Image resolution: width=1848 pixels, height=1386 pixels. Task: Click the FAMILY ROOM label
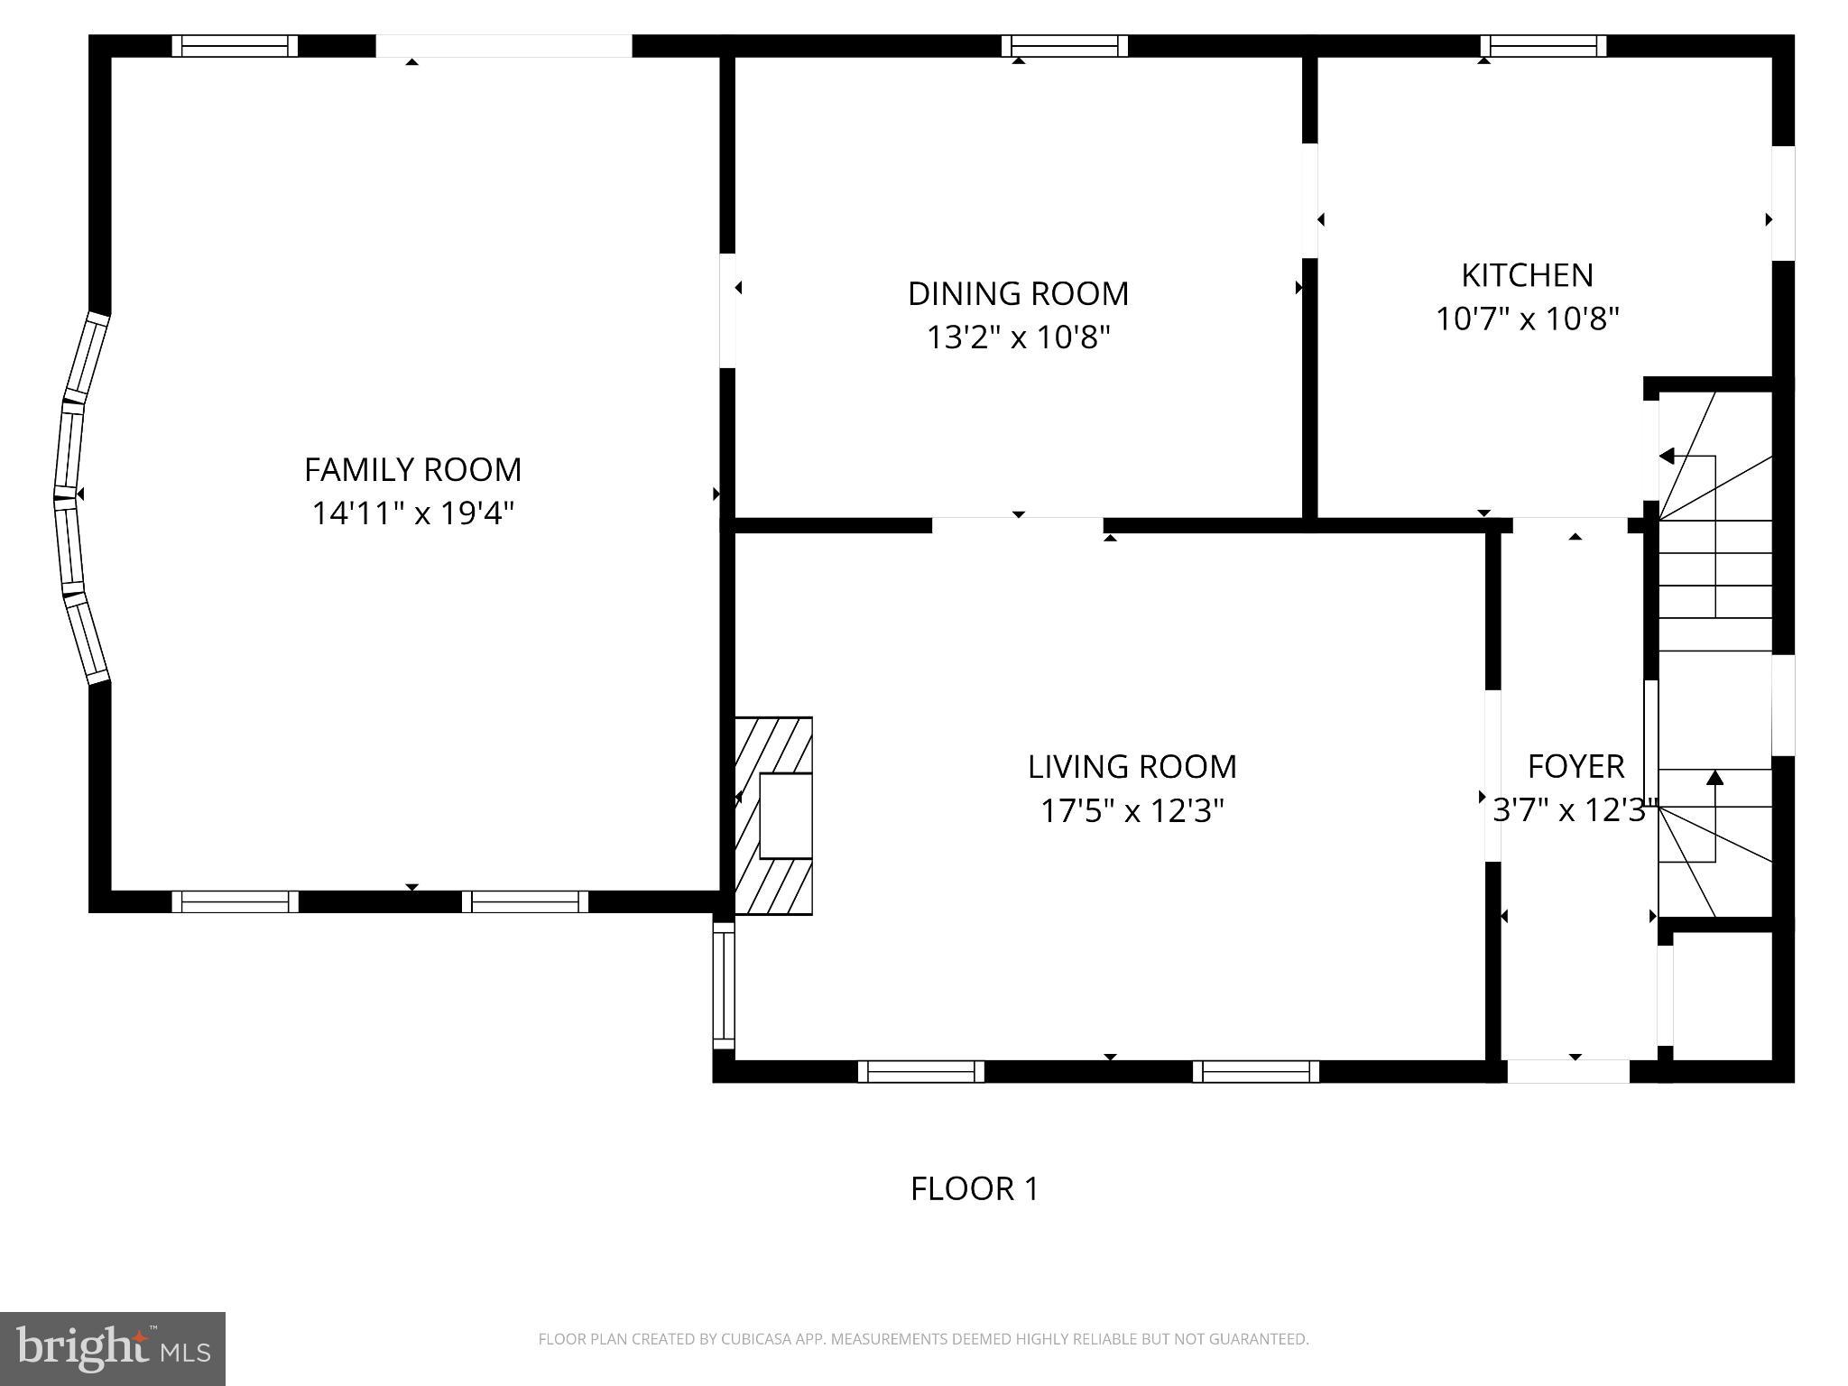(412, 470)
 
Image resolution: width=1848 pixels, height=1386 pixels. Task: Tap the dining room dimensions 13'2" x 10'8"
(1018, 337)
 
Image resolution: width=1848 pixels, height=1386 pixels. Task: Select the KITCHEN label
(1527, 275)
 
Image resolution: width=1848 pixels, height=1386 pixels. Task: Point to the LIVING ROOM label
(1132, 767)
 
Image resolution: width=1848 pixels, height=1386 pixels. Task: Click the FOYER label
(1575, 767)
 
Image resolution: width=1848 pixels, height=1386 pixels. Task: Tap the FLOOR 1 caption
(975, 1188)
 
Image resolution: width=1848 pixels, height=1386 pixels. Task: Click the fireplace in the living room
(775, 816)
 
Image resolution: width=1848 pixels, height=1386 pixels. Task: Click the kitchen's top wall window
(1543, 46)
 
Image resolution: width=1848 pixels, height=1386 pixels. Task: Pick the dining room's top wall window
(1064, 46)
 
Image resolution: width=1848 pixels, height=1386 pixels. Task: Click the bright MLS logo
(113, 1348)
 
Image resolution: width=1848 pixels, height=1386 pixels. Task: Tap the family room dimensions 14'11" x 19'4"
(412, 513)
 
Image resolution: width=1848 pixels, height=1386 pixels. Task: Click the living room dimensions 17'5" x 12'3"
(1132, 811)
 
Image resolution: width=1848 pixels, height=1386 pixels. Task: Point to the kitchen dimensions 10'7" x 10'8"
(1527, 319)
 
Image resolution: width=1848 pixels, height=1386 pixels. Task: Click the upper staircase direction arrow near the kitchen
(1668, 457)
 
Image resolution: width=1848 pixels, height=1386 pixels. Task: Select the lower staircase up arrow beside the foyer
(1714, 778)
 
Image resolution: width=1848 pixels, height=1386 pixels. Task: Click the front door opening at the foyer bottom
(1568, 1071)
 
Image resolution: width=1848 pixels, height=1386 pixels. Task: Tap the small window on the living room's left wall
(724, 984)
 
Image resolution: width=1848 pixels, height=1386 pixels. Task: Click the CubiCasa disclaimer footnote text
(923, 1339)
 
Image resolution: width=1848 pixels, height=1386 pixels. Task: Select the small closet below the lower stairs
(1722, 995)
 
